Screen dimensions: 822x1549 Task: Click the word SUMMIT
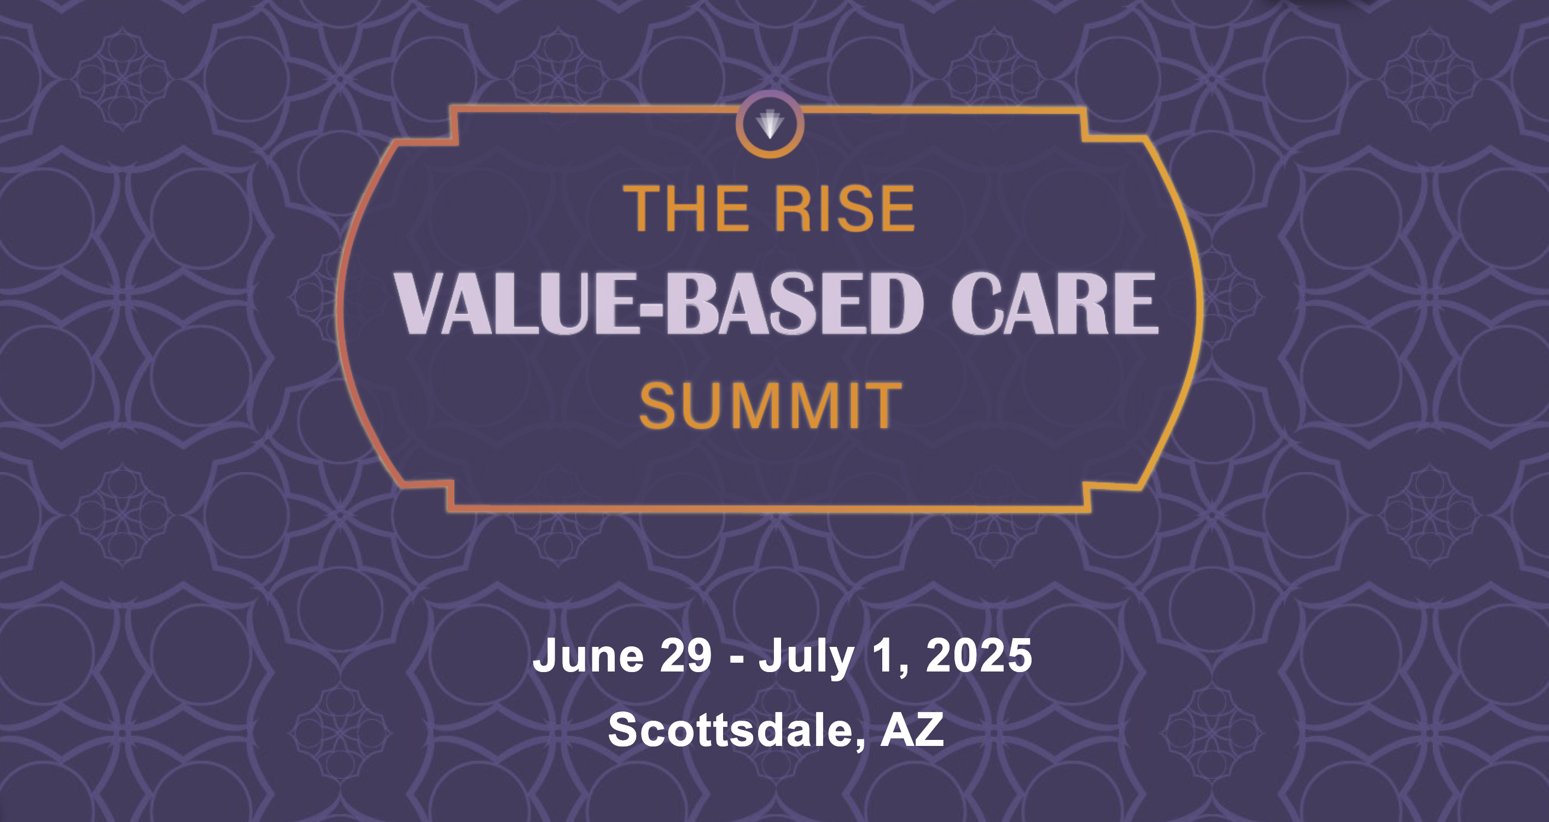click(x=771, y=406)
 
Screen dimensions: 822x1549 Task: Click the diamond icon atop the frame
click(x=770, y=124)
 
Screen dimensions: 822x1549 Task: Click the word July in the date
click(x=806, y=657)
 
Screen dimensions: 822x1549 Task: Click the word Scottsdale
click(x=731, y=730)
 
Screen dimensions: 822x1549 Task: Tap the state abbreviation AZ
click(x=912, y=730)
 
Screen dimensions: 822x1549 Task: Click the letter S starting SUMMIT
click(x=657, y=406)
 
